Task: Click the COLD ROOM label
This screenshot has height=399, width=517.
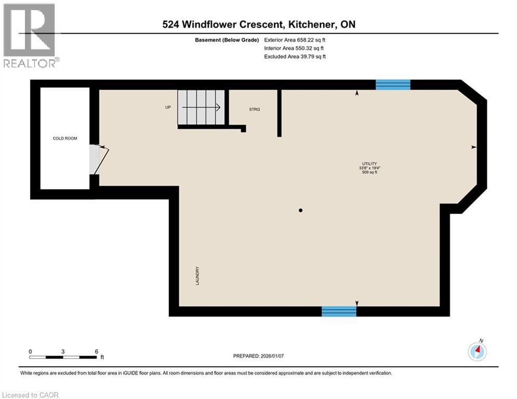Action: point(65,138)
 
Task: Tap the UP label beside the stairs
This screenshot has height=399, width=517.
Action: point(168,108)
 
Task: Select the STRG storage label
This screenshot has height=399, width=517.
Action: point(255,109)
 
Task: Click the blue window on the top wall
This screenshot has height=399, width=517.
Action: point(393,85)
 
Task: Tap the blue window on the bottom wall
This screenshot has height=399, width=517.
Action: point(339,311)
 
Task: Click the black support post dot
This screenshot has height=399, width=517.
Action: point(300,210)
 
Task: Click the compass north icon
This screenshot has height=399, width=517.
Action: point(477,351)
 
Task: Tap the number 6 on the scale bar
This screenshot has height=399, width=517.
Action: point(97,352)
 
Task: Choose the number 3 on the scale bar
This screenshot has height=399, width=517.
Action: point(63,352)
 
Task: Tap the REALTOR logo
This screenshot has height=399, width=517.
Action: point(30,35)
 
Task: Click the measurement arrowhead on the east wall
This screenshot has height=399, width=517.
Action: point(473,148)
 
